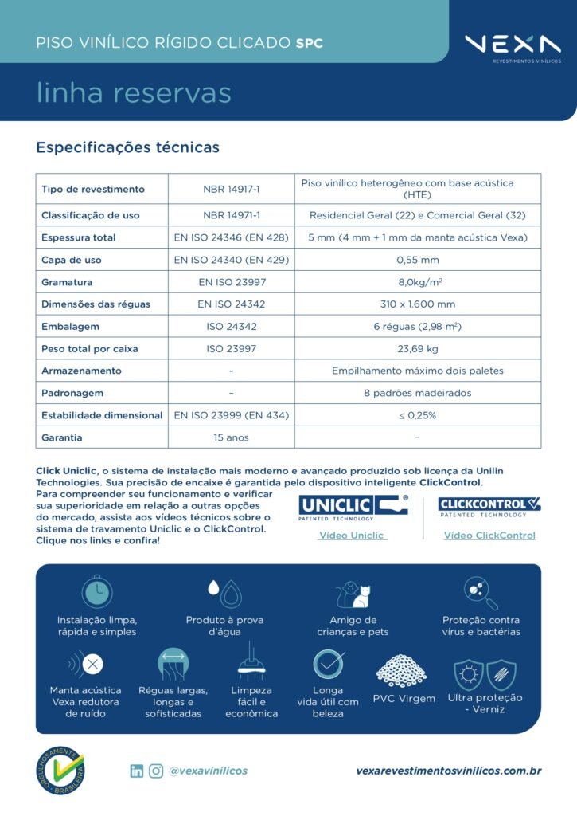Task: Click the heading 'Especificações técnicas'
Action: pos(127,147)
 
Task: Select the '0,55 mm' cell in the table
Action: pos(417,260)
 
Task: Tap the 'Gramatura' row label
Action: pos(67,282)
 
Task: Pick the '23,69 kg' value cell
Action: pos(417,348)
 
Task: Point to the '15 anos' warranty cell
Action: pos(231,437)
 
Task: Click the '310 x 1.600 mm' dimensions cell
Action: pos(417,304)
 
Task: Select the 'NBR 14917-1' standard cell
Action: pos(231,189)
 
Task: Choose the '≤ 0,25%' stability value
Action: pos(417,415)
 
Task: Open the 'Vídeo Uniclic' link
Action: pos(351,535)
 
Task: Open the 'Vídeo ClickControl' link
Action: pos(489,535)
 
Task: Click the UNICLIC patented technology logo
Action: pos(353,507)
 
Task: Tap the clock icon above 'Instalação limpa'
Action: pos(97,591)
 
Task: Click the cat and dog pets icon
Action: pos(353,594)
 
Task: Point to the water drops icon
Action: pos(224,591)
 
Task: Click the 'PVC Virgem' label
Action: pos(404,699)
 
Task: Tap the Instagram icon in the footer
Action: pos(156,771)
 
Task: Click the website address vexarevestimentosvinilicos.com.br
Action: pos(449,771)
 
